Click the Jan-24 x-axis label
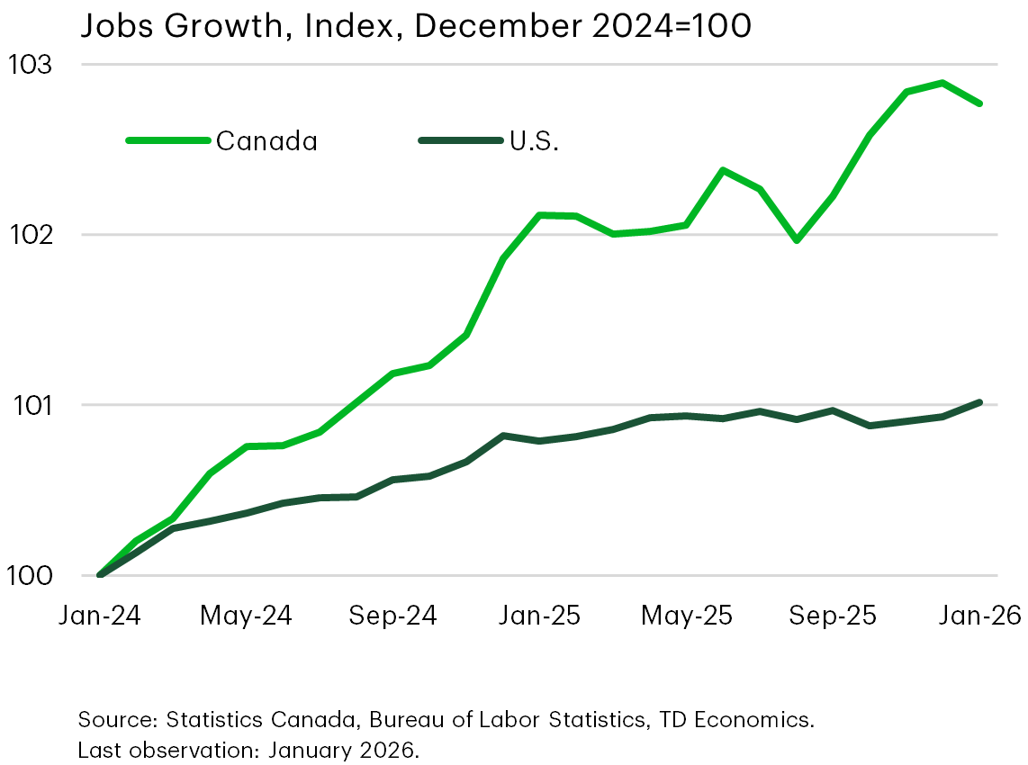point(99,616)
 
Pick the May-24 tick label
point(246,616)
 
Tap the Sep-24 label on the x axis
point(392,616)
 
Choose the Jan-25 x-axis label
point(539,616)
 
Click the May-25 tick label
point(686,616)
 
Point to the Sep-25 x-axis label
point(833,616)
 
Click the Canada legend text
point(266,141)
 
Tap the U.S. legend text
point(534,141)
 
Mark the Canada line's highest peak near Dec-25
point(942,83)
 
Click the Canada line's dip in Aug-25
point(796,240)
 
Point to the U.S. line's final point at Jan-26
point(979,402)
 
